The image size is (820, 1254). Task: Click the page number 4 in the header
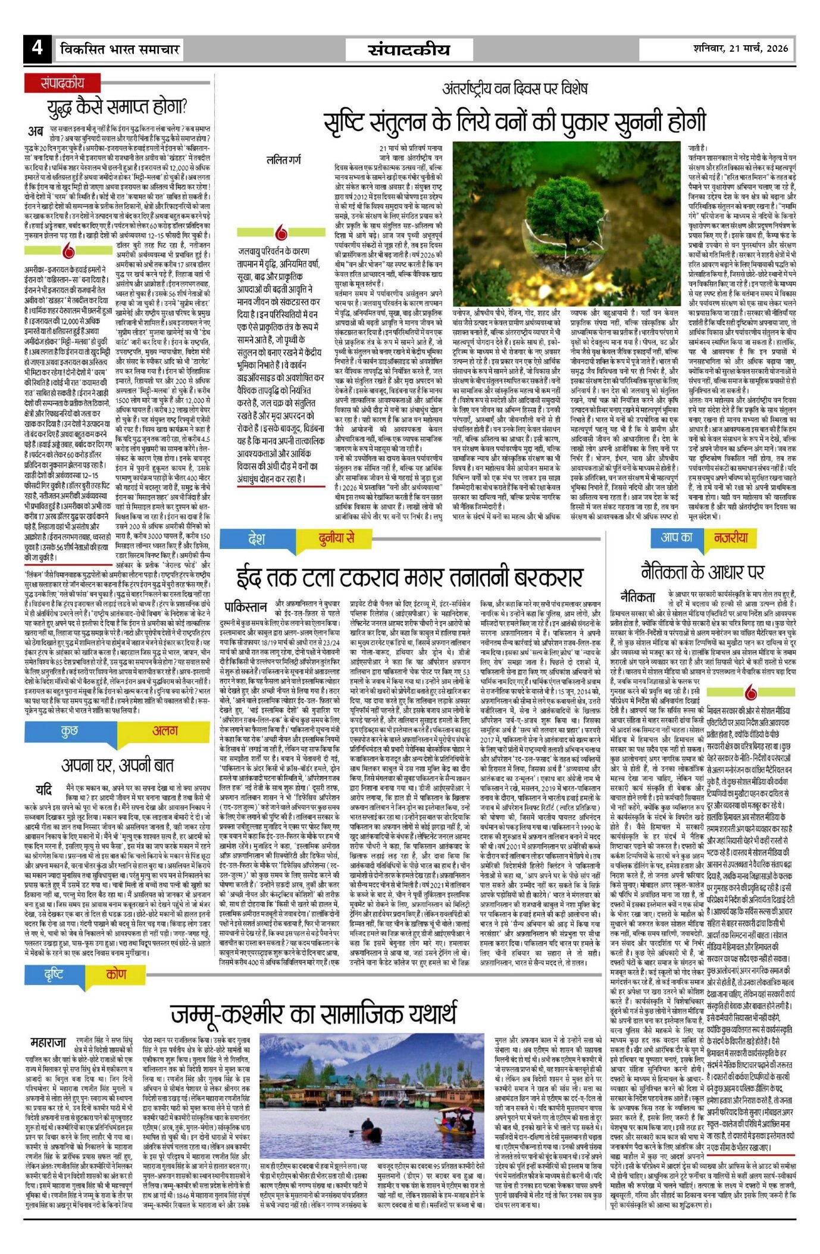37,47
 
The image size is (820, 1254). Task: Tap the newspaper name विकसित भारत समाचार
120,49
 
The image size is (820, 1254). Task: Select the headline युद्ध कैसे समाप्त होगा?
118,107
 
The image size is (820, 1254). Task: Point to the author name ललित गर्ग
284,160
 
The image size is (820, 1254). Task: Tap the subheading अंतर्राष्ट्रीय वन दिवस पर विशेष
515,89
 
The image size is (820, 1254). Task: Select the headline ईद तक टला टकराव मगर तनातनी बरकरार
409,576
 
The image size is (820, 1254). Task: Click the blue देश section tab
256,539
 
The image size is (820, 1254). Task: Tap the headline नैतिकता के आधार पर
702,572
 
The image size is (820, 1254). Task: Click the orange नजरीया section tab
731,538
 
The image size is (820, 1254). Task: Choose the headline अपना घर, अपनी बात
118,765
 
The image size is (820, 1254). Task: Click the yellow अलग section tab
165,732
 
